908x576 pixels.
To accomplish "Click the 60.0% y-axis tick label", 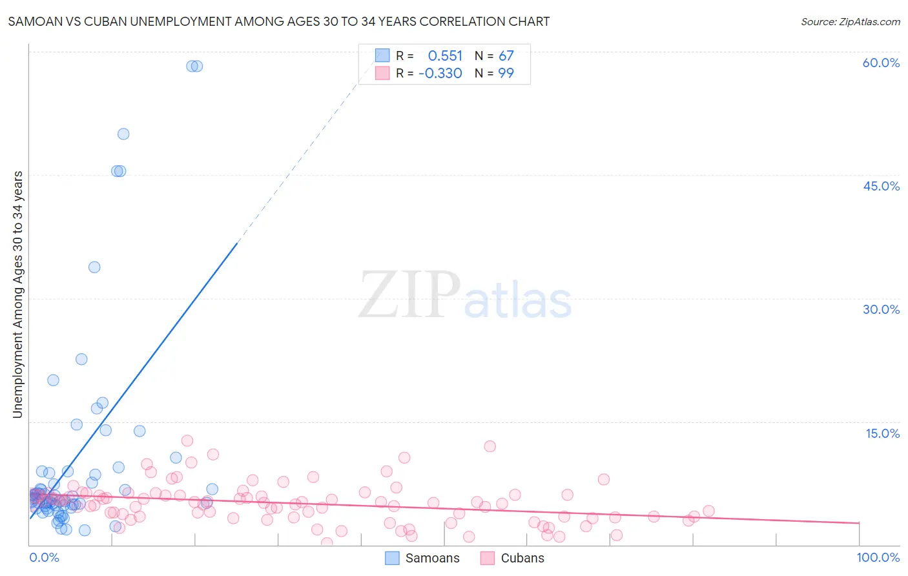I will (x=881, y=63).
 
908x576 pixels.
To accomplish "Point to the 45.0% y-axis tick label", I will (x=881, y=186).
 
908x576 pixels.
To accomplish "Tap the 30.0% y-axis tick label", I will (x=881, y=309).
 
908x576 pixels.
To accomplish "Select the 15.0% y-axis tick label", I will (x=882, y=433).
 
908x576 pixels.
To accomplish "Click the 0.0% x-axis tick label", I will (x=44, y=557).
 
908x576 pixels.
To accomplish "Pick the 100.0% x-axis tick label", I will (x=878, y=557).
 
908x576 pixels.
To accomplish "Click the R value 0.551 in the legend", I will (x=445, y=56).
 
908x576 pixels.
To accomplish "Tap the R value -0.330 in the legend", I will (x=440, y=73).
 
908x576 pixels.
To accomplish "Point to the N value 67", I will (x=506, y=56).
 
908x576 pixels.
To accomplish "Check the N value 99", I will (x=506, y=73).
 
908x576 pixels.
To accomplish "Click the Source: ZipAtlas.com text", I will (x=850, y=21).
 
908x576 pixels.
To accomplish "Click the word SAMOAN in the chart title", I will (x=36, y=21).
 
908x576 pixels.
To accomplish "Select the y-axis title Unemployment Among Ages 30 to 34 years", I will (x=17, y=294).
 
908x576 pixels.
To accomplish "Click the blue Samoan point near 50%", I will (x=123, y=134).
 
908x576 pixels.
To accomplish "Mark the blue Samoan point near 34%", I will (x=94, y=267).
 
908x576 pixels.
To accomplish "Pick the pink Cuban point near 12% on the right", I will (x=490, y=446).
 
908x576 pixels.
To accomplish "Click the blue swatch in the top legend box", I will (x=382, y=56).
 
